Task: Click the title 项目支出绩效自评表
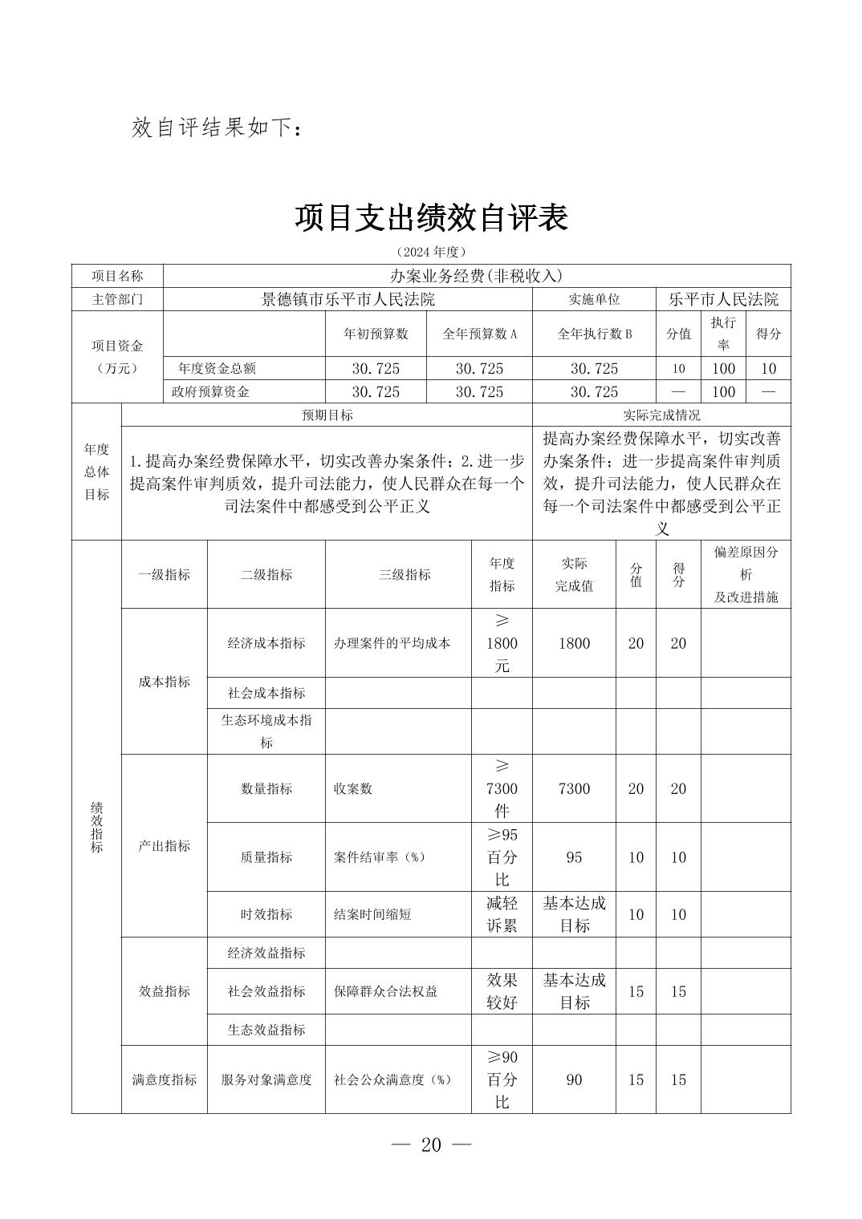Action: [431, 217]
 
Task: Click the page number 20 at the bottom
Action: [431, 1144]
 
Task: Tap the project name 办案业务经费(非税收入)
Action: [476, 276]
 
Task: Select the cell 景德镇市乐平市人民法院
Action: [348, 300]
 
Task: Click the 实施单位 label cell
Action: [594, 300]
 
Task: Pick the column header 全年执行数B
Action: [595, 334]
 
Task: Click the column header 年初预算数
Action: [376, 334]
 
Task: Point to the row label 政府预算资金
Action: [210, 391]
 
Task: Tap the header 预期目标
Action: [327, 415]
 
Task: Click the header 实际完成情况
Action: [661, 415]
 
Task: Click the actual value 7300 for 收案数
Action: [574, 788]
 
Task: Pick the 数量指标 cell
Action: [266, 788]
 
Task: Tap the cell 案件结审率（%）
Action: [379, 857]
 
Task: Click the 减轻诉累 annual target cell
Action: [502, 914]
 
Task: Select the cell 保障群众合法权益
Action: [385, 991]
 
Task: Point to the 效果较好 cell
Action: [502, 991]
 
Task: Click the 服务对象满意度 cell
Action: [266, 1079]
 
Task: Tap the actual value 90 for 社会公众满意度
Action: [574, 1079]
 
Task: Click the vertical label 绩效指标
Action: [96, 826]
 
